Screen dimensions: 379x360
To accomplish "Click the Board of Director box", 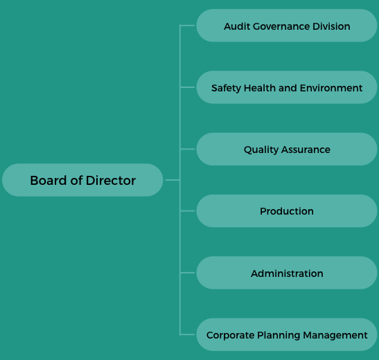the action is [82, 180].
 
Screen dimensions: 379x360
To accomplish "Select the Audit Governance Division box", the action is [287, 26].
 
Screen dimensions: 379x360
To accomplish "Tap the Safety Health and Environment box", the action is [287, 87].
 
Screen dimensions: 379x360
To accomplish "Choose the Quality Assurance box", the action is [287, 149].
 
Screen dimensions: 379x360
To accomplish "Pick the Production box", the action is [287, 210].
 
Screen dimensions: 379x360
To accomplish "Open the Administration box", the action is [287, 273].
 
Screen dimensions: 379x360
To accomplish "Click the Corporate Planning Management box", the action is [287, 334].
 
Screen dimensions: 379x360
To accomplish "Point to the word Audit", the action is [237, 26].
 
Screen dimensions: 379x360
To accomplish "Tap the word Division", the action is [331, 26].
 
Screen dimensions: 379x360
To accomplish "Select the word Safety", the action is [227, 88].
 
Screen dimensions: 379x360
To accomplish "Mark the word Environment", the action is [331, 88].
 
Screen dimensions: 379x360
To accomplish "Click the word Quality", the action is [261, 150].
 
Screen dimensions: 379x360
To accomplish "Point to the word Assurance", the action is [306, 150].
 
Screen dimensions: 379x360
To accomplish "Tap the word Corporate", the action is [230, 335].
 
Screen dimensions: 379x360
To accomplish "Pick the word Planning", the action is [279, 335].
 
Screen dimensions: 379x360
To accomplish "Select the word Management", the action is [335, 335].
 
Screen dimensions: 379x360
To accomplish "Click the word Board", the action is [49, 181].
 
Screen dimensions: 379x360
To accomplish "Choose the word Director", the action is [111, 181].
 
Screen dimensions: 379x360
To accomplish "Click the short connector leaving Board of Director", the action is [173, 180].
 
